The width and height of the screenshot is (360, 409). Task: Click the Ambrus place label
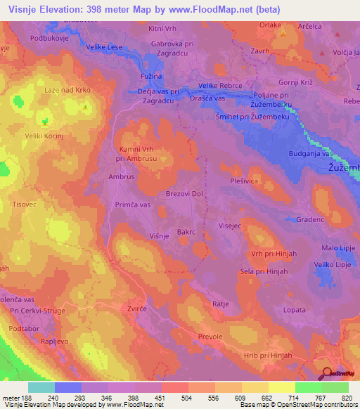click(122, 177)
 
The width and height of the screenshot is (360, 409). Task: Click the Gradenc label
click(309, 219)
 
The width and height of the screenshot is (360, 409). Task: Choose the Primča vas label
click(133, 204)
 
